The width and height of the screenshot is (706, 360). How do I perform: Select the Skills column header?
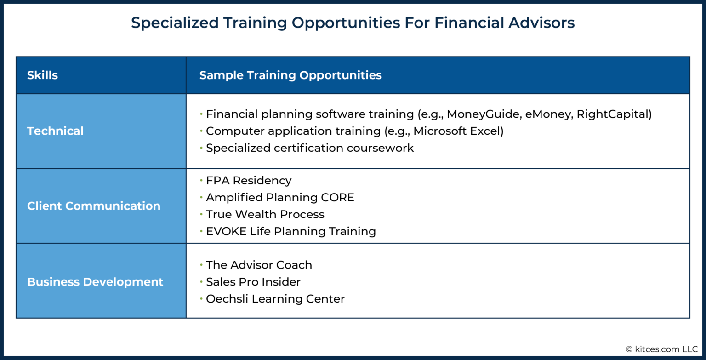tap(42, 75)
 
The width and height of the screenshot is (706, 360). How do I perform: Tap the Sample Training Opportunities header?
tap(290, 75)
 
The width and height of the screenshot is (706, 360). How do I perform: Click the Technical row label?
tap(55, 131)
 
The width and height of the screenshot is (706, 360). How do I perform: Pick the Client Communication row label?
tap(93, 206)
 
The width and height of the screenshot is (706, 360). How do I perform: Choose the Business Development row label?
tap(95, 282)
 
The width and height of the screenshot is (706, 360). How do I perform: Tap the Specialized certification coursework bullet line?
tap(309, 148)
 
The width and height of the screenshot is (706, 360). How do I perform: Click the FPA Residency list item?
tap(248, 181)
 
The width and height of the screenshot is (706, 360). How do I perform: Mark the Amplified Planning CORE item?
tap(279, 198)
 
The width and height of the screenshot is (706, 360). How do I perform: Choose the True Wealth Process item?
tap(265, 215)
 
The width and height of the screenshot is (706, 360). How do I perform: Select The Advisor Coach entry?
tap(259, 265)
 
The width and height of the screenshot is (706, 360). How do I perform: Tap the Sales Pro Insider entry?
tap(253, 282)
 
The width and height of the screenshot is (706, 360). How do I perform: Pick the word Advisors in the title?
tap(541, 23)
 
